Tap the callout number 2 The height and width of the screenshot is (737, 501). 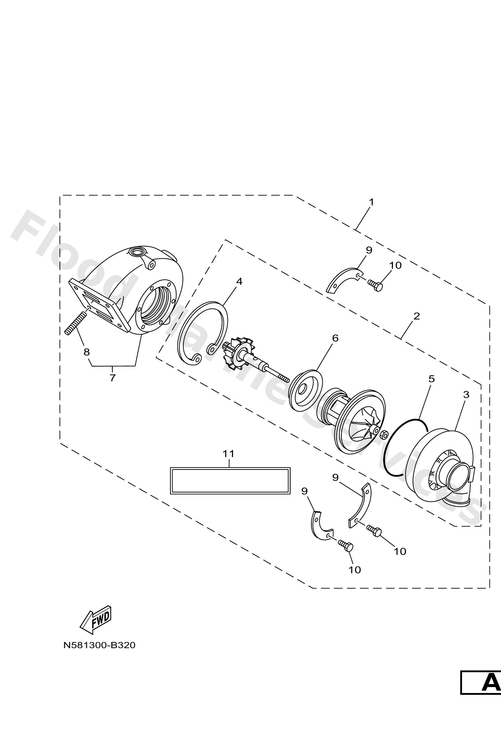pyautogui.click(x=417, y=316)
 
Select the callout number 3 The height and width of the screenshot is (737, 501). pyautogui.click(x=466, y=395)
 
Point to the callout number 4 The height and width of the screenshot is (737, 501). pyautogui.click(x=239, y=281)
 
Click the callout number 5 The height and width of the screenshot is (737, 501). pyautogui.click(x=431, y=379)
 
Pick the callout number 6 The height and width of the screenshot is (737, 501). pyautogui.click(x=335, y=338)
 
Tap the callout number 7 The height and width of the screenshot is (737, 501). pyautogui.click(x=112, y=378)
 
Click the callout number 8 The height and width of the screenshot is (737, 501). pyautogui.click(x=86, y=352)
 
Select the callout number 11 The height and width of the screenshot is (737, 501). pyautogui.click(x=228, y=454)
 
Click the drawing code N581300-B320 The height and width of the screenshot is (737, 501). pyautogui.click(x=99, y=645)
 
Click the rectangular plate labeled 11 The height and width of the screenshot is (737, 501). pyautogui.click(x=230, y=480)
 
